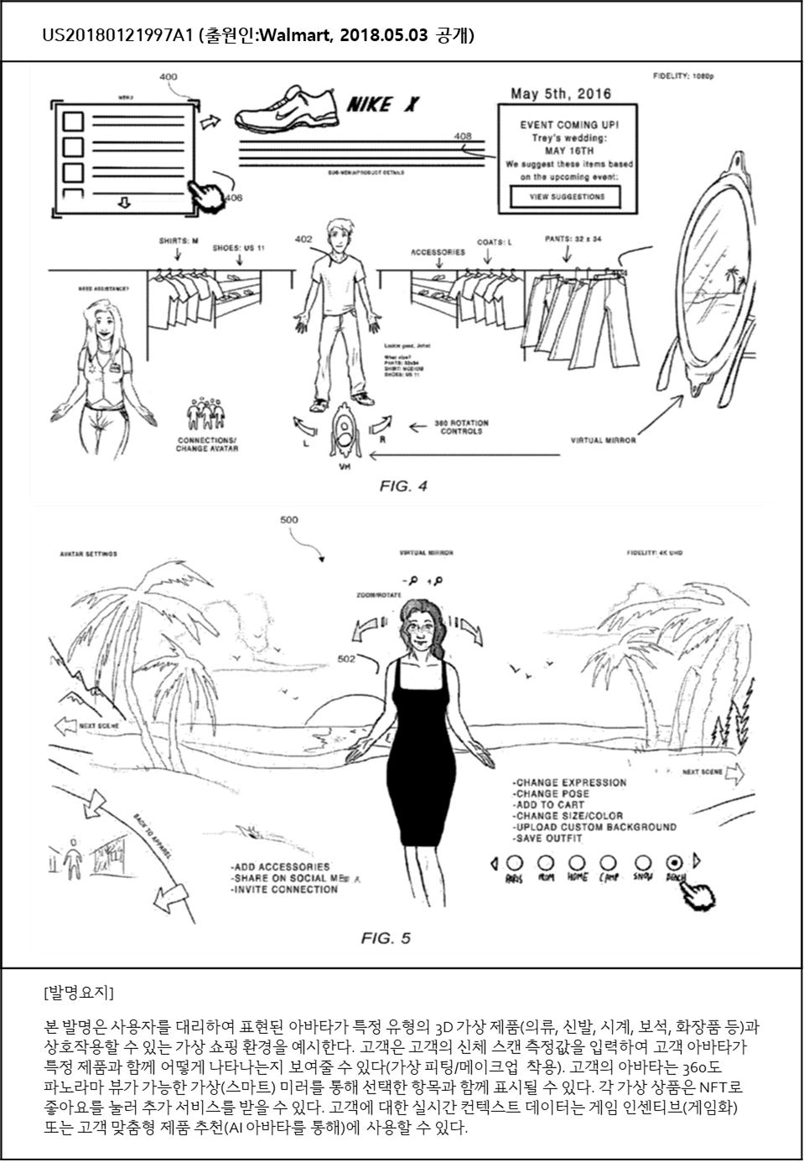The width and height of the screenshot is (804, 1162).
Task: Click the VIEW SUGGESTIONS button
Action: coord(566,197)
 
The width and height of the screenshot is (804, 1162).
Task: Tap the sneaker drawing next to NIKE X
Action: coord(285,110)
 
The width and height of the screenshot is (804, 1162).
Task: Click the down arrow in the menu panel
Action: coord(124,203)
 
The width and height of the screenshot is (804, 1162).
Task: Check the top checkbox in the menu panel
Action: coord(74,121)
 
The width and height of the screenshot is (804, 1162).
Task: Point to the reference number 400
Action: coord(168,77)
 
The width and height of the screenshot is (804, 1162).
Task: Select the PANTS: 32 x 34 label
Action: coord(573,239)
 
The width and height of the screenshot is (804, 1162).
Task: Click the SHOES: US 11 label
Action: coord(239,248)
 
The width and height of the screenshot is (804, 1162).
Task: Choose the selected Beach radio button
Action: coord(672,862)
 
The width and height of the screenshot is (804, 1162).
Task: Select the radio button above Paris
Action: coord(514,862)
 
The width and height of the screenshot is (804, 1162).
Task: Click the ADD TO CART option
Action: coord(549,804)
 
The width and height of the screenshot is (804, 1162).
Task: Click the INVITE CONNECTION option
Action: coord(284,889)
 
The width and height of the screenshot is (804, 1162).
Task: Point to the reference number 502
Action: coord(346,658)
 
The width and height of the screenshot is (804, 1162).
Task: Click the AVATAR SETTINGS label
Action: coord(89,554)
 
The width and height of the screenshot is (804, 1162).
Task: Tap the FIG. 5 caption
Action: coord(386,937)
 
